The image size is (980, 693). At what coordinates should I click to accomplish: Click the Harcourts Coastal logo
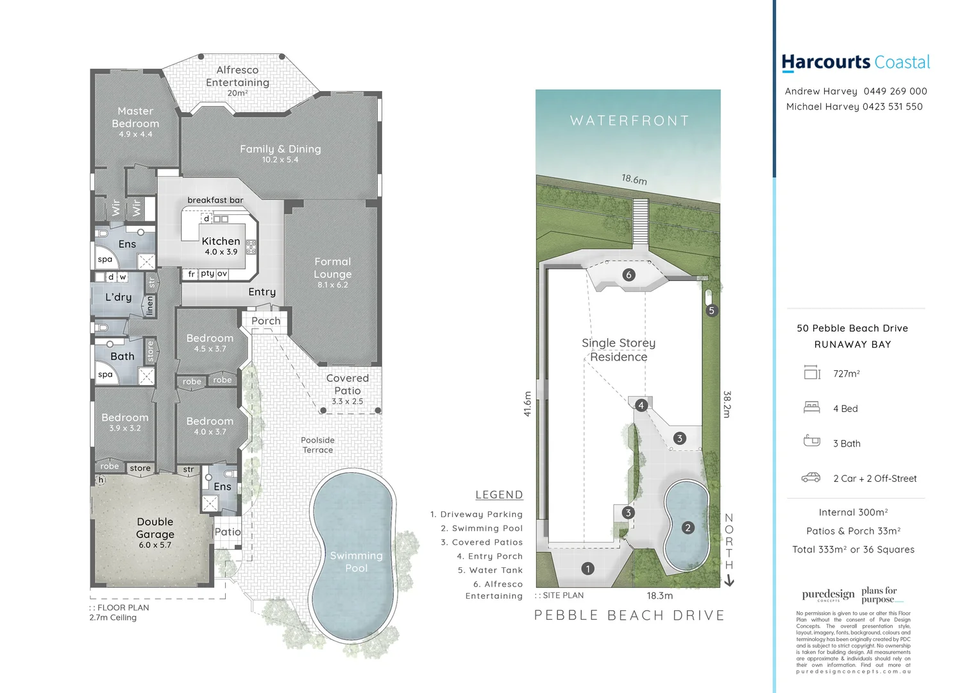pos(856,62)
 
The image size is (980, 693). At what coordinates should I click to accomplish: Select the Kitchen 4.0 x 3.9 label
pos(221,246)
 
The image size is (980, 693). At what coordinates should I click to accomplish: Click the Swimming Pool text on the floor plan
pos(356,561)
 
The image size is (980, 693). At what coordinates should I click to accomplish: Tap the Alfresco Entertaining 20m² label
pos(237,80)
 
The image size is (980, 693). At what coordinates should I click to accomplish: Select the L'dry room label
pos(119,297)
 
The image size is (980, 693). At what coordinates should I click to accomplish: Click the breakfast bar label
pos(215,200)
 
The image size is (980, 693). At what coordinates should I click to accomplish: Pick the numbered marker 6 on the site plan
pos(629,275)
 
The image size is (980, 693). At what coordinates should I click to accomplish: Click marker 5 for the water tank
pos(711,311)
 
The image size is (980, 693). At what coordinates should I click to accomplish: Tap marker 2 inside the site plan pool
pos(688,527)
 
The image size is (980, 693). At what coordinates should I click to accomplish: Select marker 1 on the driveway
pos(587,569)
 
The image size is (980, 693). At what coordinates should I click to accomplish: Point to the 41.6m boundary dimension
pos(528,404)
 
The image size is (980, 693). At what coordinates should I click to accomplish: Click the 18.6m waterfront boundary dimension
pos(634,179)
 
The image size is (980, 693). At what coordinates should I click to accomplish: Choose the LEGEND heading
pos(499,495)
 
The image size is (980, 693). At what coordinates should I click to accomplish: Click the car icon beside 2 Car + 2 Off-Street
pos(811,478)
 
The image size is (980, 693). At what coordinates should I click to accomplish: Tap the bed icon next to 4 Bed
pos(812,407)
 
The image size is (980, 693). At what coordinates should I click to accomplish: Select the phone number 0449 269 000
pos(895,91)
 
